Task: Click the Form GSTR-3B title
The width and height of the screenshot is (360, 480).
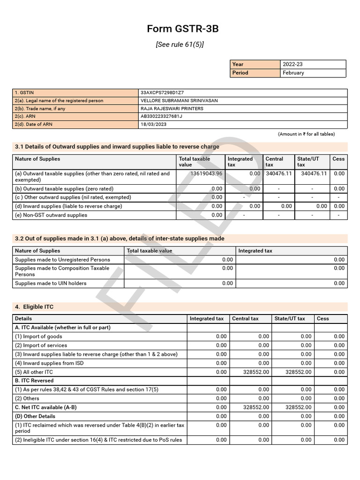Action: tap(183, 29)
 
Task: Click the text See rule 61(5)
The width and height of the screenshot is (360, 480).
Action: tap(180, 45)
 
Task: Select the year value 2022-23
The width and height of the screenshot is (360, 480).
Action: tap(293, 64)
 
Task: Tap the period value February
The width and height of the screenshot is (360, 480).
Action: tap(293, 73)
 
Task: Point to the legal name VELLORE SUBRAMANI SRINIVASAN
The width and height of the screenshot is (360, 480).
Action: tap(179, 101)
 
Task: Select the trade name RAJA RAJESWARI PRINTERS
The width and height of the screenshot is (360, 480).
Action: tap(172, 109)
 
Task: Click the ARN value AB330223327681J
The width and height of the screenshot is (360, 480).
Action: tap(162, 116)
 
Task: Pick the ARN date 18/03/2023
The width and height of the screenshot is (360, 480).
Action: tap(153, 125)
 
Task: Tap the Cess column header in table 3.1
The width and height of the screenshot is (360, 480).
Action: tap(338, 159)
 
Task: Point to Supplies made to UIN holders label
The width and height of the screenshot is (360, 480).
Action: tap(51, 283)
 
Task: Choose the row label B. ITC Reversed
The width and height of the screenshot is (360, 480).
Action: tap(34, 381)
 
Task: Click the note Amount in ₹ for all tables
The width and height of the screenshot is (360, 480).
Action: tap(306, 134)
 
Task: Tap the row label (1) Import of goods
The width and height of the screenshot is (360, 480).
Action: tap(38, 336)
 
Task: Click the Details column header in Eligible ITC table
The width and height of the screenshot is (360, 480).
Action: tap(23, 318)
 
